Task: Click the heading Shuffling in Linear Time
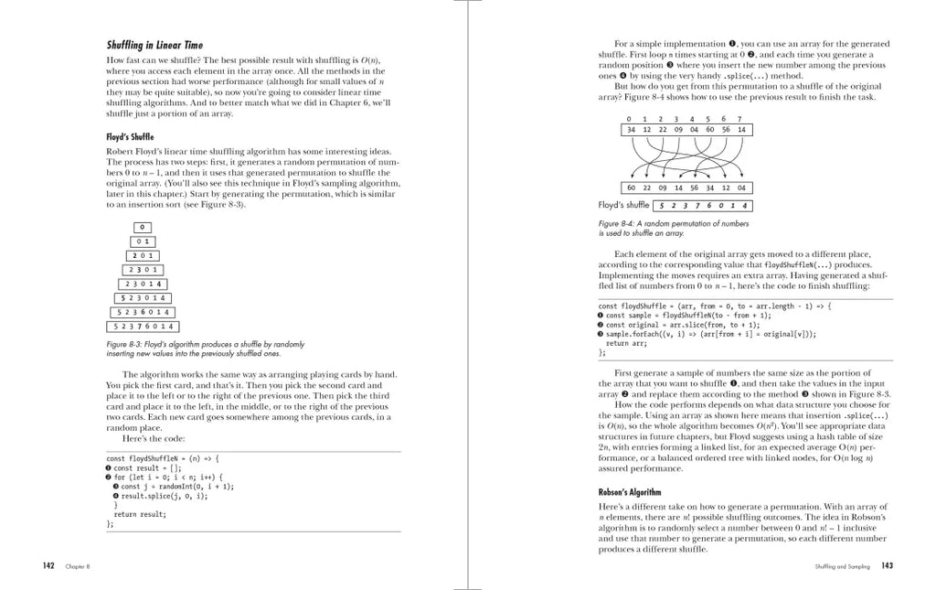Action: point(154,45)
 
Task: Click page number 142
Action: point(50,565)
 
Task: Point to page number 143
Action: point(887,565)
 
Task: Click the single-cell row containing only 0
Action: point(144,227)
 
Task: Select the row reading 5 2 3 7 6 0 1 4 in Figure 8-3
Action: point(144,326)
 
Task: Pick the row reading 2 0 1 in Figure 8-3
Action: point(144,255)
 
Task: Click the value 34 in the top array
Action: point(631,130)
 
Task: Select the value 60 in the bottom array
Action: point(631,188)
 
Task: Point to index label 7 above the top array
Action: point(739,119)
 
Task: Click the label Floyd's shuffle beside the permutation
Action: point(623,205)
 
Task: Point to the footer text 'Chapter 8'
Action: point(77,566)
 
